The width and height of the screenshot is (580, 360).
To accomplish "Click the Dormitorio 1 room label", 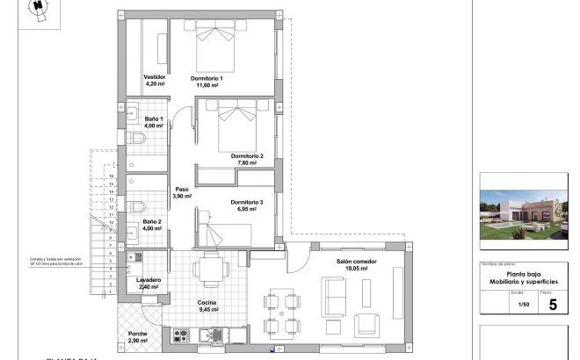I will [x=207, y=82].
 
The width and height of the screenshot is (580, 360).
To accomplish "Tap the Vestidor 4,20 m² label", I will [x=155, y=81].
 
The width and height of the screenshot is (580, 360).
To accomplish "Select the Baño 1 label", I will [x=155, y=122].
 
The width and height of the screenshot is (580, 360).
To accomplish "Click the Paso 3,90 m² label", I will [x=182, y=192].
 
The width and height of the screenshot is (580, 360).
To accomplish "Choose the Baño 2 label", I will [x=153, y=227].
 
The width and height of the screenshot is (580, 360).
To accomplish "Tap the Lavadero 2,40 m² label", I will [x=148, y=283].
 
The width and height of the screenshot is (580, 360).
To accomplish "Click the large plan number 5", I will [x=552, y=305].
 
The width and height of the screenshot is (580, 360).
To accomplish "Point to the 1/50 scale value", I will [x=524, y=305].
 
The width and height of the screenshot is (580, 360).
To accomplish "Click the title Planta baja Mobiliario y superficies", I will [x=525, y=278].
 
